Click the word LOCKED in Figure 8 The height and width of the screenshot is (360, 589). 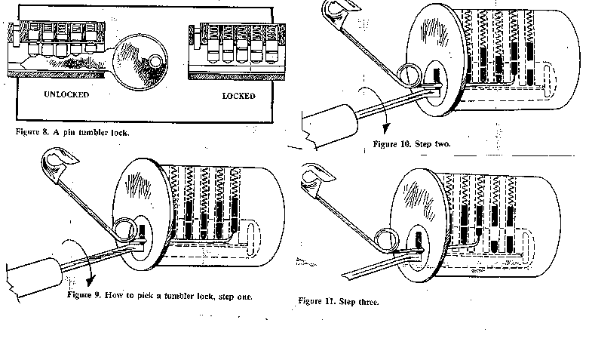[238, 96]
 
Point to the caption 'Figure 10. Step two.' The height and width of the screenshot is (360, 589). [412, 143]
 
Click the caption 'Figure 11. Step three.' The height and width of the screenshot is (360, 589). [338, 301]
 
